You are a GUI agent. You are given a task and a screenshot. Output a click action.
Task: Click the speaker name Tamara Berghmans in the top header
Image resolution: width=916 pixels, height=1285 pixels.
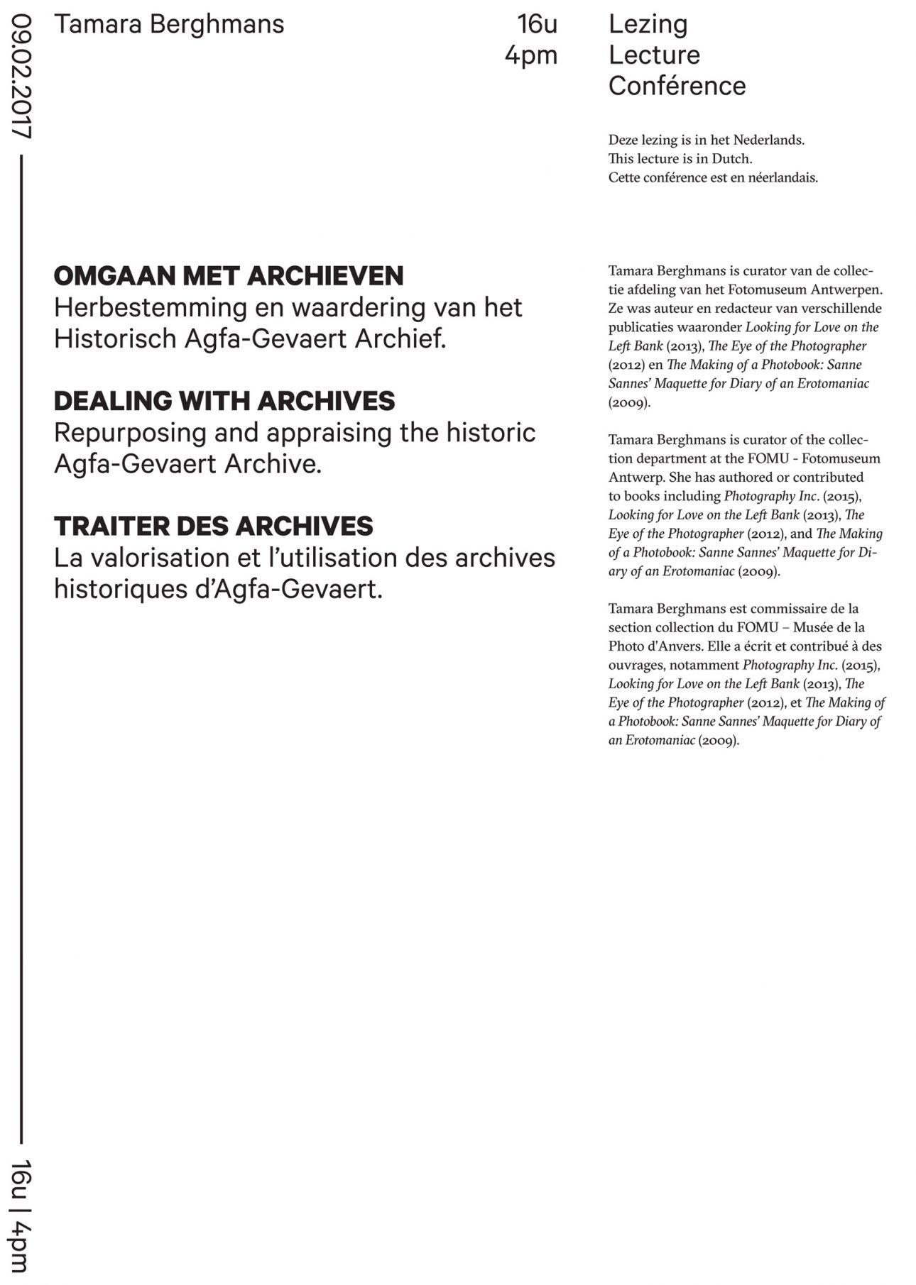169,25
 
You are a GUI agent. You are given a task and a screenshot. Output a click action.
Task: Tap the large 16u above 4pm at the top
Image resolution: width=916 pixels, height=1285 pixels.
538,25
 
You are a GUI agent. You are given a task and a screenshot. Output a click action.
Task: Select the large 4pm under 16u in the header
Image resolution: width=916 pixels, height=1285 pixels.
531,56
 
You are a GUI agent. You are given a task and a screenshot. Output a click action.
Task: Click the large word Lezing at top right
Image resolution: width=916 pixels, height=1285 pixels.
648,25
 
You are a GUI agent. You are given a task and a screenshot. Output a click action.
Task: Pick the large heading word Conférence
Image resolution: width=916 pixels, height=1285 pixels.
677,86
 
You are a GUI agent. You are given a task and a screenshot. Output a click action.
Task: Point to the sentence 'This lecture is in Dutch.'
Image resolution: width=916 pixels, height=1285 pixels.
680,158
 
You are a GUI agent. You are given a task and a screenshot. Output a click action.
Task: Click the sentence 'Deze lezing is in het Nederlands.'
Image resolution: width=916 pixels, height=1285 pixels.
706,140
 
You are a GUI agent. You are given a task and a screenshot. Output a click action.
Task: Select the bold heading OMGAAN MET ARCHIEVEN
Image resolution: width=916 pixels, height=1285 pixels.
229,276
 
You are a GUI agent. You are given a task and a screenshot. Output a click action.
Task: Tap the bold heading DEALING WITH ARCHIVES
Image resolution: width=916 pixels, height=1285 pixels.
224,402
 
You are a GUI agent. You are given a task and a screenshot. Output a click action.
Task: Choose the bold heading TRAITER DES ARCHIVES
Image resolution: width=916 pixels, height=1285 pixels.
213,526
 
